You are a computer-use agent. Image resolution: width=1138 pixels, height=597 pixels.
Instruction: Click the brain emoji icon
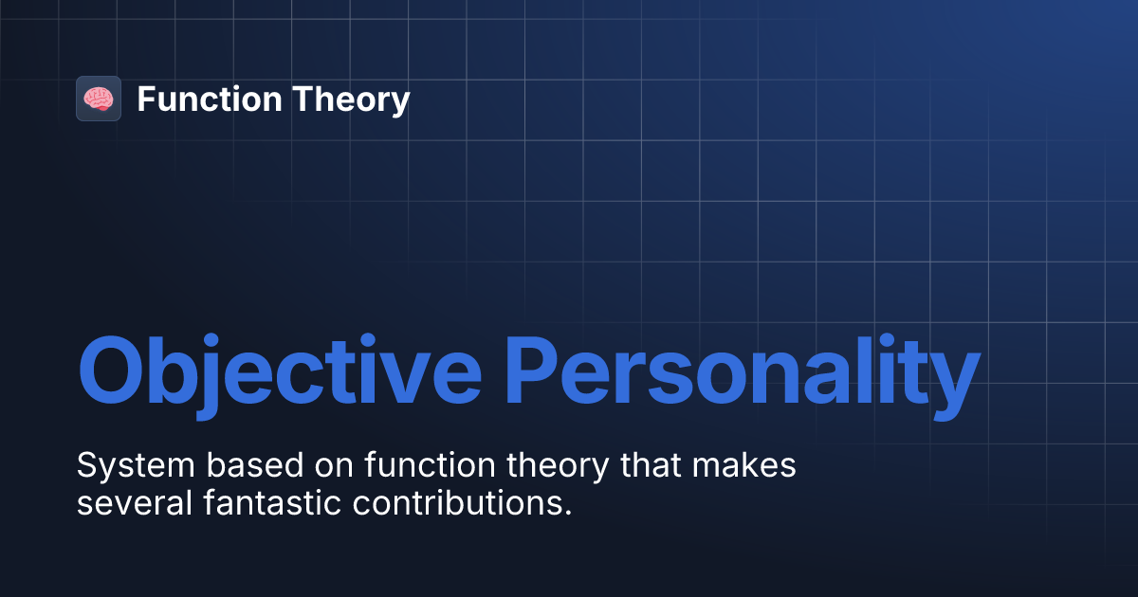99,99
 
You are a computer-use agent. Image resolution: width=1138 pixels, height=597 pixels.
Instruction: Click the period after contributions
568,513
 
